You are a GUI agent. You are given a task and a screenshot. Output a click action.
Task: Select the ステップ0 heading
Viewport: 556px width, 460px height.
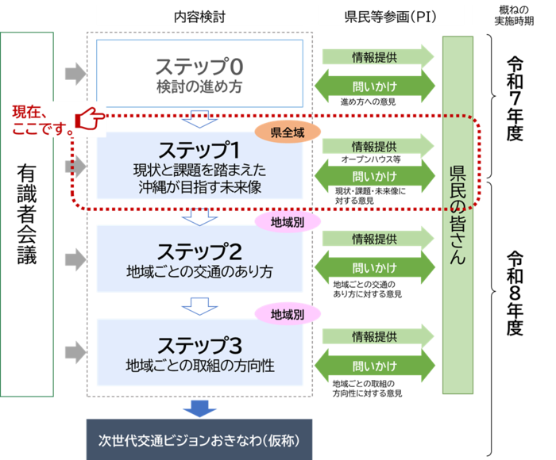point(199,66)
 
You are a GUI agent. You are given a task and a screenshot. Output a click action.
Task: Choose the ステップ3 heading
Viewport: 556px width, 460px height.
point(199,345)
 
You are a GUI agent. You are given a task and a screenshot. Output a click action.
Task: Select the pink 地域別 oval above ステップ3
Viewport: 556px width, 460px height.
point(287,314)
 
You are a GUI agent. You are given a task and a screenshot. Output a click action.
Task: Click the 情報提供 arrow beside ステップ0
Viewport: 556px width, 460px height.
point(378,57)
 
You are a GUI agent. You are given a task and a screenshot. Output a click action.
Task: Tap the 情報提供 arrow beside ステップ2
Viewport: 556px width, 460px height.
point(378,239)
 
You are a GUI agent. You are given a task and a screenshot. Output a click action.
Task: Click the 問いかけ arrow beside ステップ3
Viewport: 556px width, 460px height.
point(378,366)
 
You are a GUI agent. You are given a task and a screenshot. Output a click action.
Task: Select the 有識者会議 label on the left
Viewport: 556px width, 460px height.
point(28,214)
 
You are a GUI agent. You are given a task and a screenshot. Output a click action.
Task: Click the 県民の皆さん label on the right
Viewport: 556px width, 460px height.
point(458,214)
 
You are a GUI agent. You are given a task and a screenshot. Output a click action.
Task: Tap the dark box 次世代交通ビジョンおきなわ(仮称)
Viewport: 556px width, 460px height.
point(199,439)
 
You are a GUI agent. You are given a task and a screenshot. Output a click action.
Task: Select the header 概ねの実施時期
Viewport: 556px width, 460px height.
point(512,14)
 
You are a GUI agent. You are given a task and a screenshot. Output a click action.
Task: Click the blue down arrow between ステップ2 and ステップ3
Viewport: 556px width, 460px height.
point(195,305)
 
